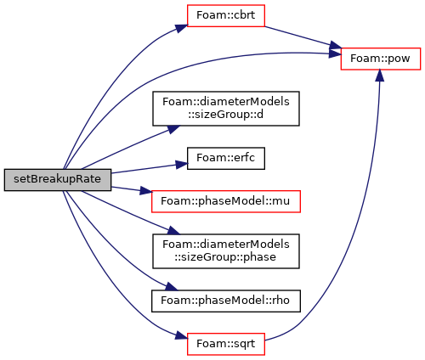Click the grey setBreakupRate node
(58, 180)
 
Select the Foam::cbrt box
(226, 16)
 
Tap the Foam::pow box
(380, 59)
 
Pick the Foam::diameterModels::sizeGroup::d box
(226, 109)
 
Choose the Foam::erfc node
(226, 158)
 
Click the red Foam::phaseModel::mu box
(226, 201)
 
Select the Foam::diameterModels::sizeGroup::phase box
(226, 251)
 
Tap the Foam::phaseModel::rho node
(226, 301)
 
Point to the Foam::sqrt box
(226, 344)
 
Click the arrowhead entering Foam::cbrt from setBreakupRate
(181, 28)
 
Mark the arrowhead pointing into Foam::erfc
(181, 165)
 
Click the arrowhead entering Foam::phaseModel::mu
(146, 192)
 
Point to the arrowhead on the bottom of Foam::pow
(380, 76)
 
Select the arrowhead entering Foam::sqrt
(181, 336)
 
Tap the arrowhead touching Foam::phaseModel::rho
(171, 287)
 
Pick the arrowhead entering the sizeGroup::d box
(173, 129)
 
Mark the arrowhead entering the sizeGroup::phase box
(173, 230)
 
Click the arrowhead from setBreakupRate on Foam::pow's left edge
(335, 53)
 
